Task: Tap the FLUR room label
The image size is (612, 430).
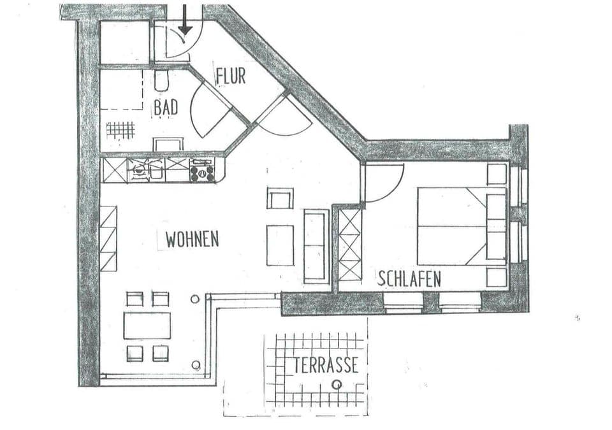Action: click(230, 76)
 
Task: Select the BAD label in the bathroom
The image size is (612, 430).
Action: click(166, 108)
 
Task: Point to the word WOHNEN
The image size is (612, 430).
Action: click(192, 240)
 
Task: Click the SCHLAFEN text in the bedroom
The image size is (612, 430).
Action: click(409, 279)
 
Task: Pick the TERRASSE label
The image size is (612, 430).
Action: click(326, 366)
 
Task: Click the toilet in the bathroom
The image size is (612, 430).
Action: click(161, 80)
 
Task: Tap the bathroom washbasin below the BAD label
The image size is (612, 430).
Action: click(168, 145)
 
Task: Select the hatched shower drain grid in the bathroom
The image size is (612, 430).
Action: click(120, 130)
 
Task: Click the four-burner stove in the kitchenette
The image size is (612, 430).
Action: click(203, 171)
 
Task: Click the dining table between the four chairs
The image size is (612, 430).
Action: click(147, 326)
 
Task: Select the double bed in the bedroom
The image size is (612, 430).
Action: click(453, 226)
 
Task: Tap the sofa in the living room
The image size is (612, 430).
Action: click(316, 245)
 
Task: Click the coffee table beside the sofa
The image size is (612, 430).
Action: click(280, 245)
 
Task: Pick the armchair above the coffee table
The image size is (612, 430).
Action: click(280, 199)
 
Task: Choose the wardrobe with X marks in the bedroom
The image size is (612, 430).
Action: click(349, 245)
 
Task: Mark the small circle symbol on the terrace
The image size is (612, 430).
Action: click(337, 384)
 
